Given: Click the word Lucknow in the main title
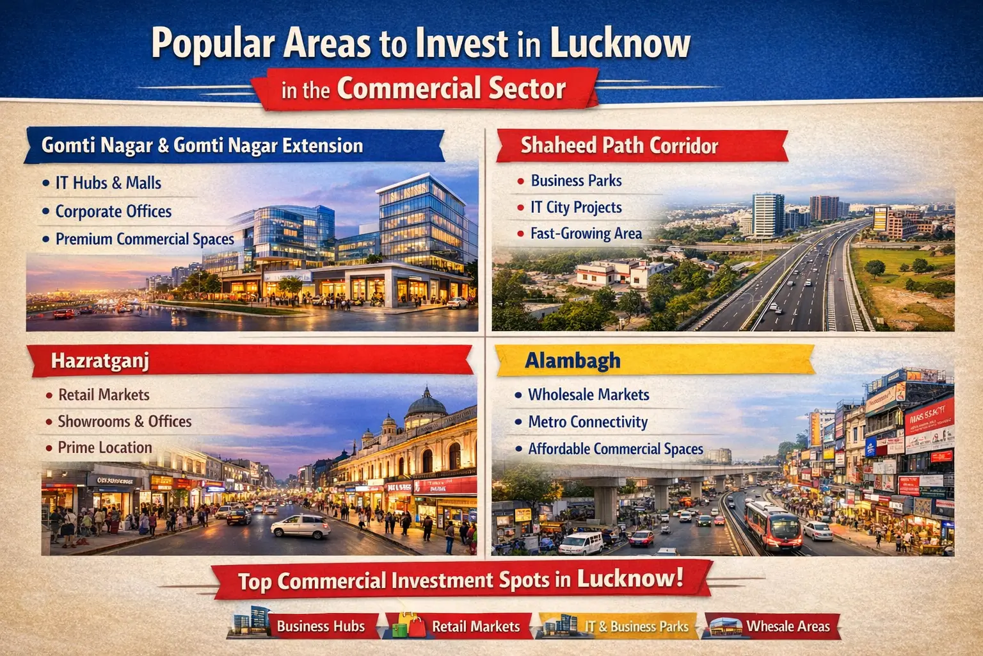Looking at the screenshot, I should [619, 44].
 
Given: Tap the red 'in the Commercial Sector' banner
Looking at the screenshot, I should [424, 89].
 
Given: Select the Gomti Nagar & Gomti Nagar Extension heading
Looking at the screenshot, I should [202, 146].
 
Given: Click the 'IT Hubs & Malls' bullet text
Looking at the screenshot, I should [108, 183].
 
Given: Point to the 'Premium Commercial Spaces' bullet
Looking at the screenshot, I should [145, 239].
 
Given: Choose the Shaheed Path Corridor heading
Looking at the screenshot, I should [619, 146].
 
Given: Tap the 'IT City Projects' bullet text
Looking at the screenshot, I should [576, 208].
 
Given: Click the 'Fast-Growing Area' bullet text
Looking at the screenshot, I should [586, 234].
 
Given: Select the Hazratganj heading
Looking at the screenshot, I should [100, 361].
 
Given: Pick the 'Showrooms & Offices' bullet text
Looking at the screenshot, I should [125, 422].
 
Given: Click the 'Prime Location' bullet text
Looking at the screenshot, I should [105, 448].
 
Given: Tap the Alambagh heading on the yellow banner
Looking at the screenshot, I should [573, 361].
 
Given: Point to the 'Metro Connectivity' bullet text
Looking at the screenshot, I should [587, 422].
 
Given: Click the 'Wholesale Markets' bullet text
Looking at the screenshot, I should [588, 395].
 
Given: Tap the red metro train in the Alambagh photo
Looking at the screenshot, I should [772, 523].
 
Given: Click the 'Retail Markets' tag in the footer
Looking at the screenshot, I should [476, 627].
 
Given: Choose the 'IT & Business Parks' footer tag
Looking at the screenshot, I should [636, 627].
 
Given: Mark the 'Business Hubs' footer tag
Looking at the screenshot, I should [320, 627].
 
